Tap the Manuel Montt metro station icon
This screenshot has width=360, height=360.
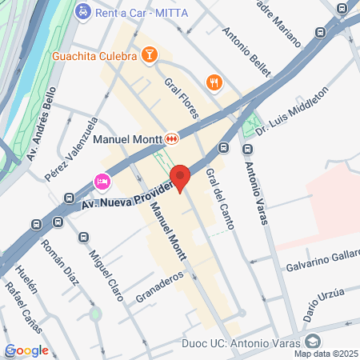pos(173,138)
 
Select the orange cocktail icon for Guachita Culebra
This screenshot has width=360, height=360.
pos(149,55)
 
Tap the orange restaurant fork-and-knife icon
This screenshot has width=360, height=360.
pos(214,82)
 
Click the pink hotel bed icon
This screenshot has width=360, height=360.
pos(102,182)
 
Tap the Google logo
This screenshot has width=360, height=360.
pos(26,350)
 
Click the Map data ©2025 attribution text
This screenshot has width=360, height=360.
pos(325,353)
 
